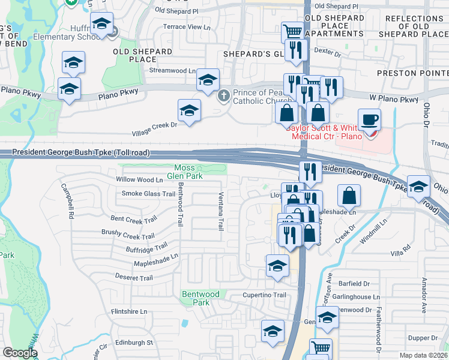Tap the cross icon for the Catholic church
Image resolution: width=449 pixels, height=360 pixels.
coord(223,95)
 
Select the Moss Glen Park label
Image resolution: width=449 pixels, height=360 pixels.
coord(188,171)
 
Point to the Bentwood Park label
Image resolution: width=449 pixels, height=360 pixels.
coord(200,298)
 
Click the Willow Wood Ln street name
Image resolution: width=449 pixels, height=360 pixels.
coord(140,179)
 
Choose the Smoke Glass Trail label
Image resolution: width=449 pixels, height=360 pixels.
coord(148,193)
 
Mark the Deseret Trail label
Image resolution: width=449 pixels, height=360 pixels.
coord(134,278)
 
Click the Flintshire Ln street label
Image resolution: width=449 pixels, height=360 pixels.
coord(129,311)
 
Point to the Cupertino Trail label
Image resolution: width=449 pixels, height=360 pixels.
coord(264,295)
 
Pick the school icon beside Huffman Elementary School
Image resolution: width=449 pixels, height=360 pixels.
coord(101,25)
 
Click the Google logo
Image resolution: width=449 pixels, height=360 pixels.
coord(20,353)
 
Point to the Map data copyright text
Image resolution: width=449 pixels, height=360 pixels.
coord(424,355)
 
